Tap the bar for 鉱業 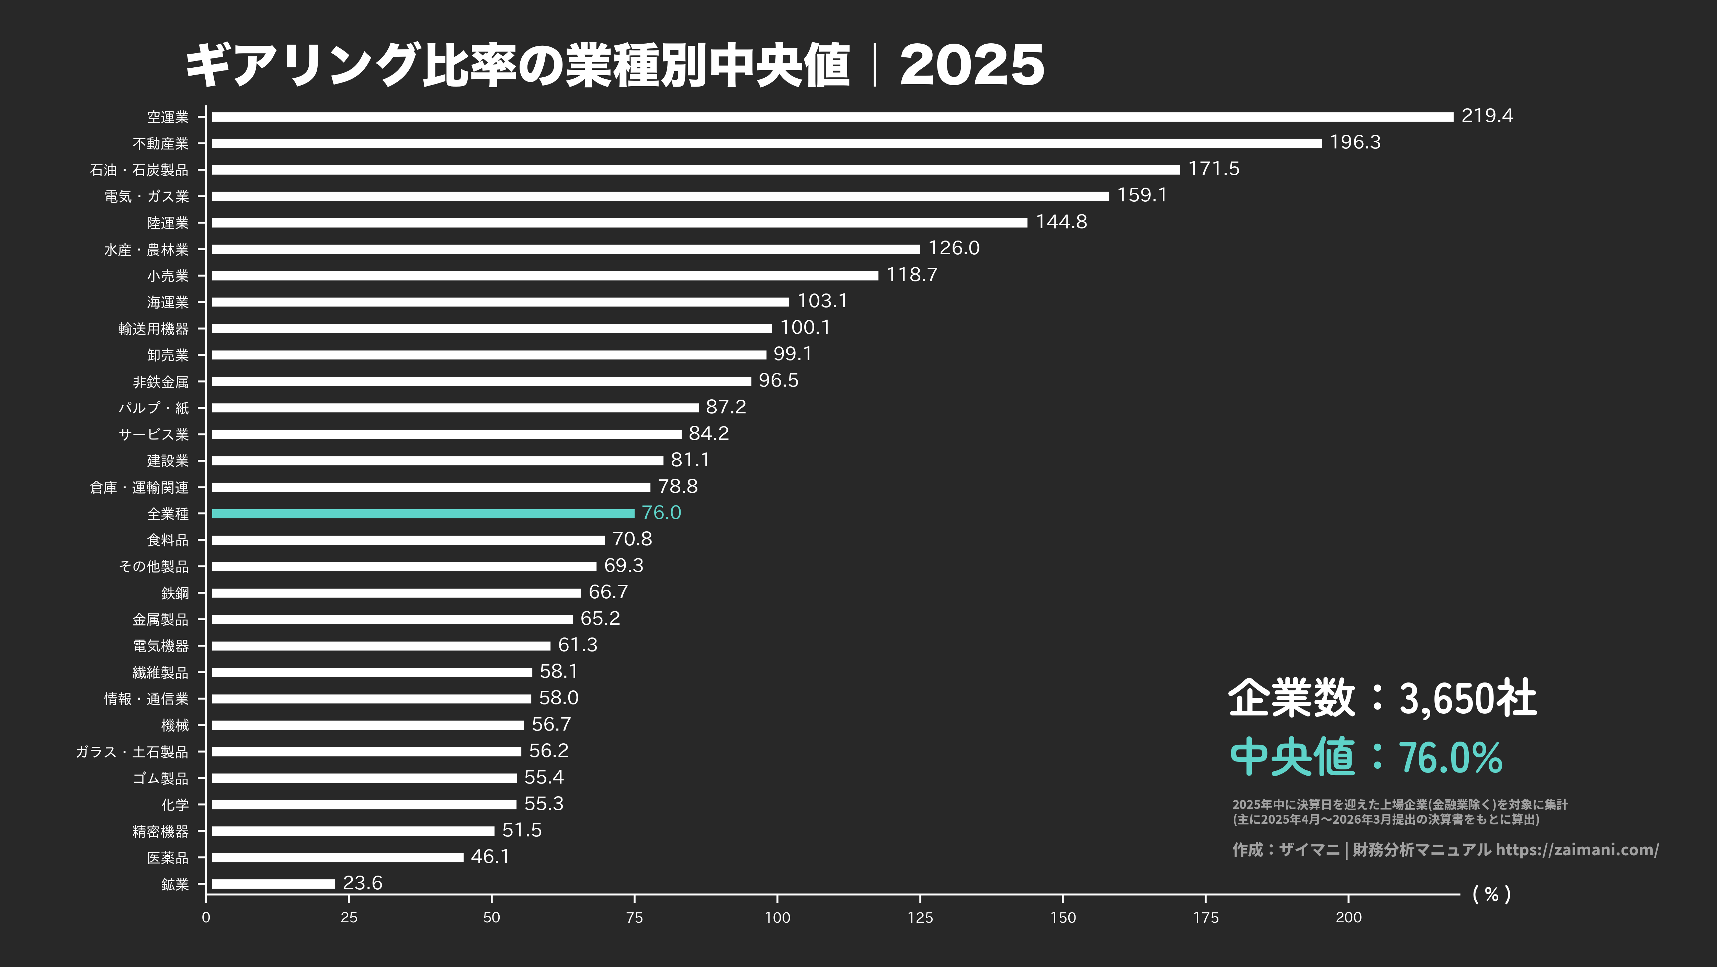(x=273, y=883)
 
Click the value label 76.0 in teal (x=661, y=512)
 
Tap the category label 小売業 (x=168, y=276)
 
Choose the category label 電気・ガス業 (x=147, y=196)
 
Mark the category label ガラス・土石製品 (x=132, y=752)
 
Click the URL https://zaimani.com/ (x=1577, y=849)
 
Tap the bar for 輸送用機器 (x=491, y=328)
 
